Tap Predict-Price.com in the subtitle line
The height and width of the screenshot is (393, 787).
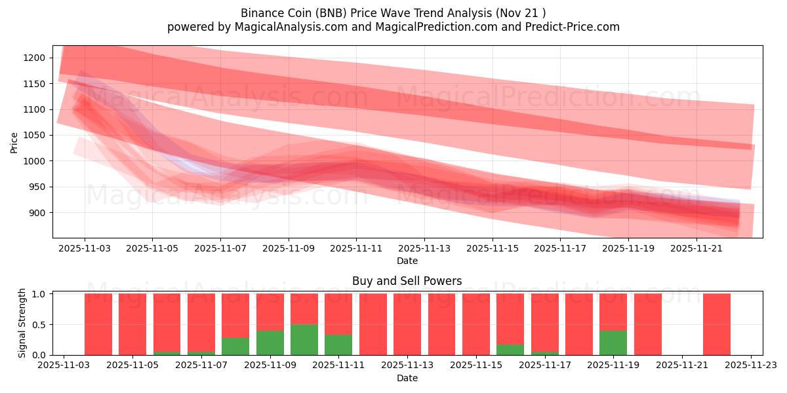point(578,27)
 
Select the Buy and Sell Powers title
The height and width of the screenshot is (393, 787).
point(407,281)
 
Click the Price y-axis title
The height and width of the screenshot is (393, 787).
point(14,141)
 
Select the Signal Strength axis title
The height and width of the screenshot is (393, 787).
point(22,323)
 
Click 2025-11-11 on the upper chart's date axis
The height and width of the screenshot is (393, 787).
point(356,249)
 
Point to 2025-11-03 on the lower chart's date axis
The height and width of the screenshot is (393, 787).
point(64,366)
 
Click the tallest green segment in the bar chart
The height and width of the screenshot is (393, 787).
point(304,339)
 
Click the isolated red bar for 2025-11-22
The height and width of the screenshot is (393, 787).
point(716,324)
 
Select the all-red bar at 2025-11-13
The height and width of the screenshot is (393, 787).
point(407,324)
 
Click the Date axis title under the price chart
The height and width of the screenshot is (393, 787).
point(407,261)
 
